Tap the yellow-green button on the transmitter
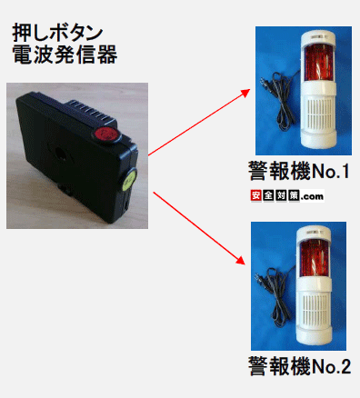(x=129, y=180)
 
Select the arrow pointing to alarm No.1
(x=199, y=123)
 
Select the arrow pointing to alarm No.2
(x=199, y=228)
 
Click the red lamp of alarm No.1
(x=318, y=63)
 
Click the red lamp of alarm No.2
(x=314, y=258)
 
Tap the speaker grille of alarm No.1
(x=321, y=115)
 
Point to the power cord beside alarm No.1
(x=278, y=97)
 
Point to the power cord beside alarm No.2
(x=275, y=293)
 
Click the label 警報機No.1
(x=299, y=171)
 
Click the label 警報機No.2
(x=299, y=365)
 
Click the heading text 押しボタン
(x=57, y=33)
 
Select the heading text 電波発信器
(x=65, y=55)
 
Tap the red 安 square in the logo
(x=256, y=195)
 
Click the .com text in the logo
(x=312, y=197)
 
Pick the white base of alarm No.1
(x=318, y=140)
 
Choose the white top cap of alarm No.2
(x=314, y=233)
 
